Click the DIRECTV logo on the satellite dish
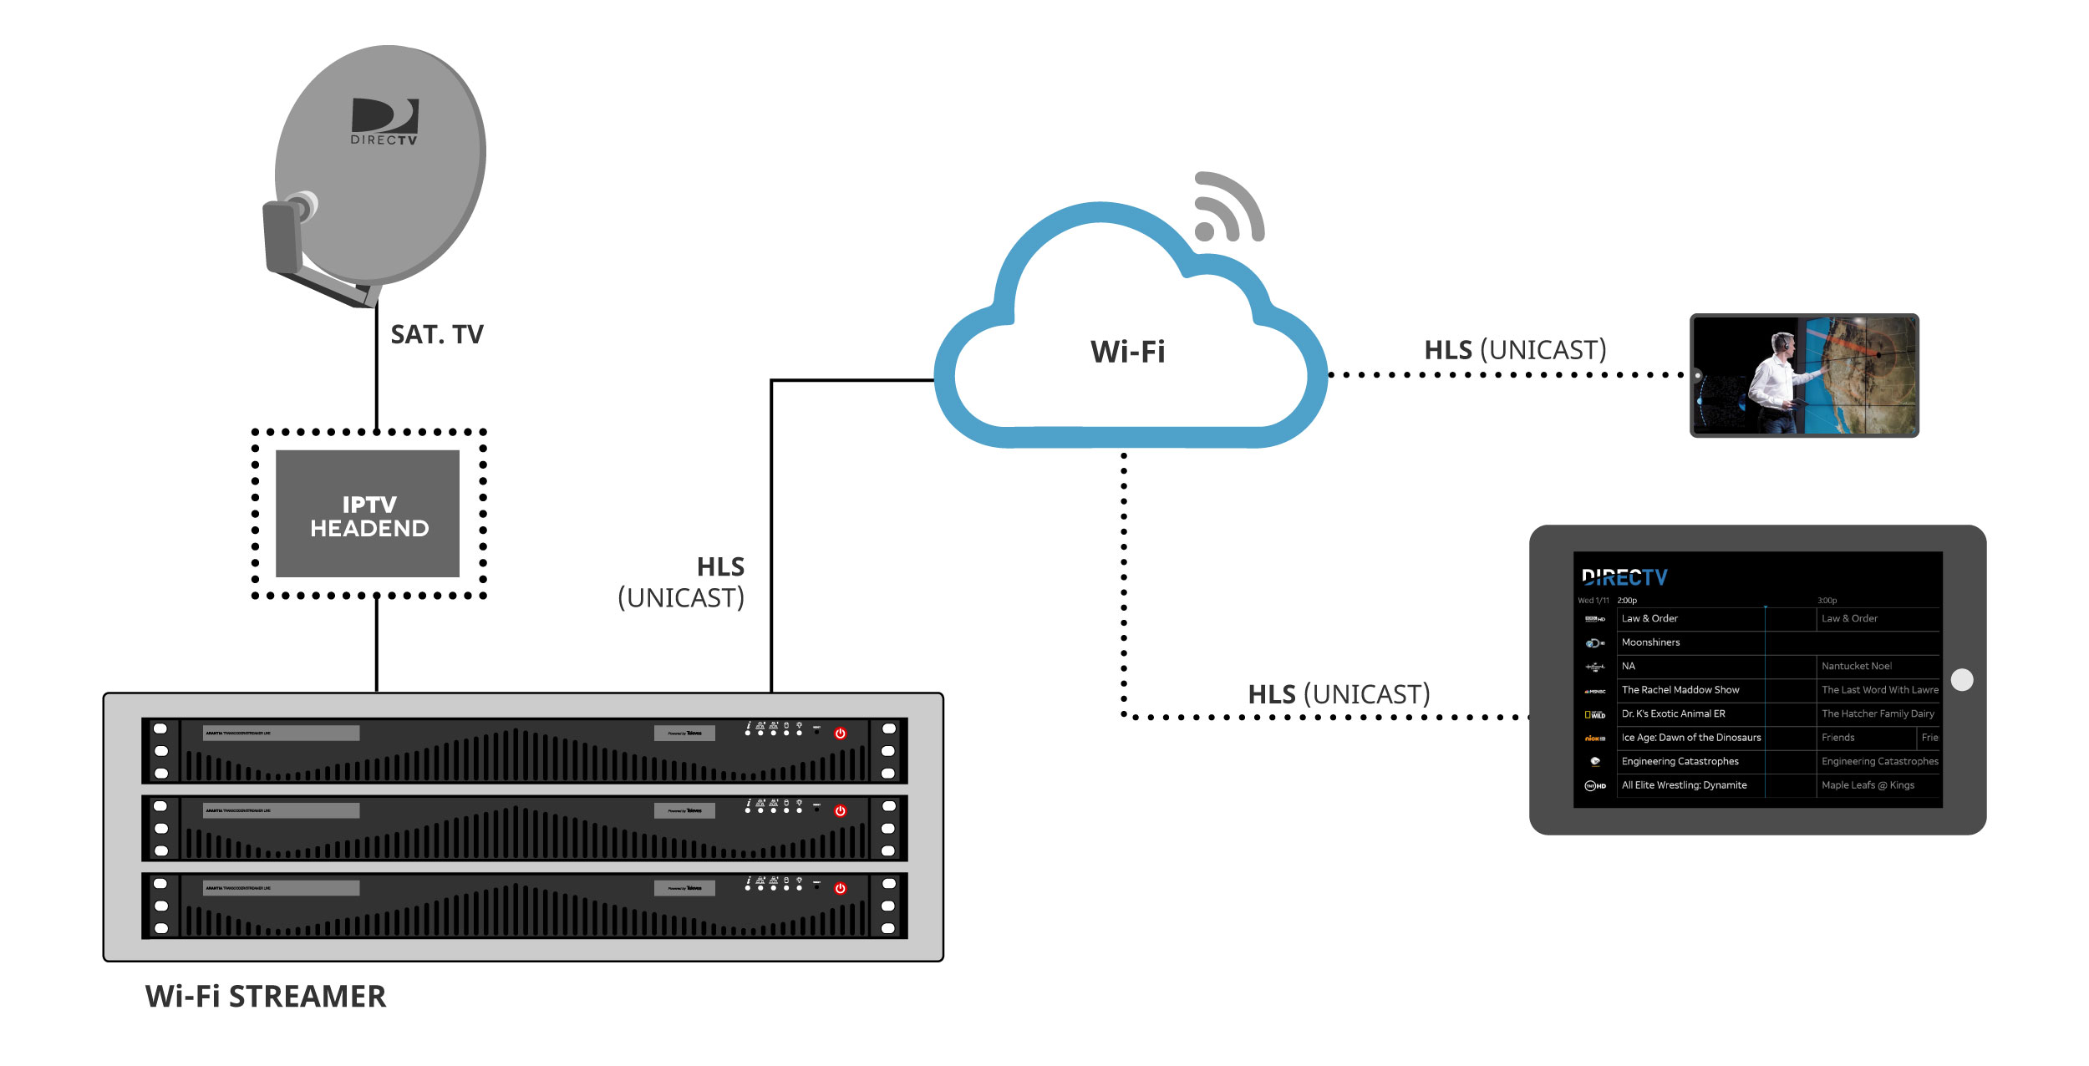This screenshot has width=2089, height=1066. tap(384, 122)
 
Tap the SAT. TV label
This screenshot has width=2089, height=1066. tap(436, 335)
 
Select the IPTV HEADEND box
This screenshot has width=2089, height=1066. tap(368, 514)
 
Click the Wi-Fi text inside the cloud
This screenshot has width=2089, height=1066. tap(1127, 352)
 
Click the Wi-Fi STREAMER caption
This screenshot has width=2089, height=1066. tap(266, 997)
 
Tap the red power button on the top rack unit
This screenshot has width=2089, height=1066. tap(841, 734)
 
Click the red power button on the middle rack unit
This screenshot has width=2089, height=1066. tap(841, 811)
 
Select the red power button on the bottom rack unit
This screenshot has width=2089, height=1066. tap(841, 889)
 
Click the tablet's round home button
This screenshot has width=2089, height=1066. tap(1962, 680)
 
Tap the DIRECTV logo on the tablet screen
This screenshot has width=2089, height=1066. tap(1624, 577)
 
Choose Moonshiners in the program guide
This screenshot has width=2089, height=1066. tap(1650, 642)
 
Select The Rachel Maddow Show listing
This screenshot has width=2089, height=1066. tap(1680, 690)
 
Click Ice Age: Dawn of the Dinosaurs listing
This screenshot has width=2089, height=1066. tap(1690, 738)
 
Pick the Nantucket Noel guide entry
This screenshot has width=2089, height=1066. tap(1856, 667)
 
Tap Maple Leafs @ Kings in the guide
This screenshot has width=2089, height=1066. tap(1868, 785)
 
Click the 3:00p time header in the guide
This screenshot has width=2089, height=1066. tap(1827, 601)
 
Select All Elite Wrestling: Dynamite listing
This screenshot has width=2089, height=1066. tap(1684, 785)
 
